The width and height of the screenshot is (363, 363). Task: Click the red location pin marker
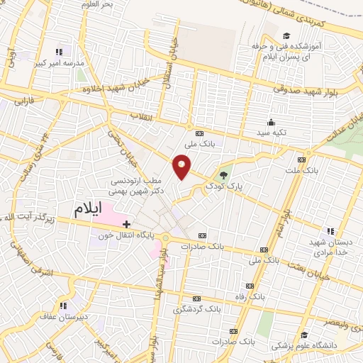[181, 167]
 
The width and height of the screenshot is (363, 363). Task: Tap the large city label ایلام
[98, 209]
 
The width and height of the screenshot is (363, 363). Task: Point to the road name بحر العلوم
[97, 4]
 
